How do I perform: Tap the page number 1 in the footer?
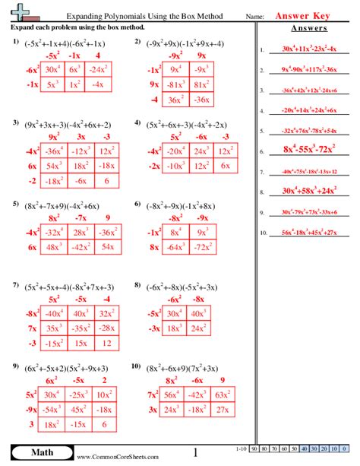(195, 453)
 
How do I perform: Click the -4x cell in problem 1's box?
(97, 85)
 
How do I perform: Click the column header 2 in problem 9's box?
(103, 379)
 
